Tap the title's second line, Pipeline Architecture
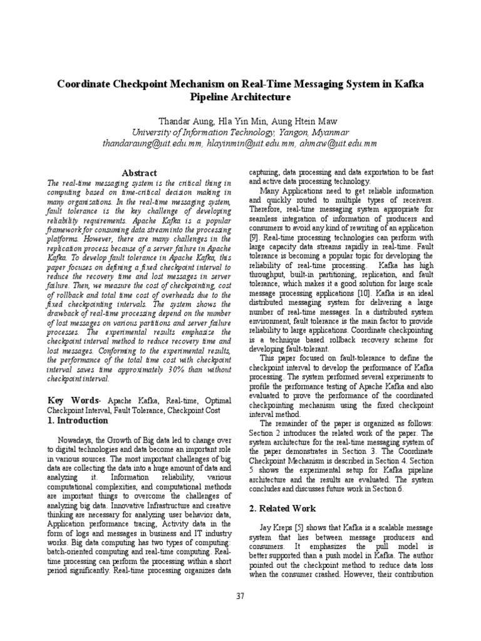pos(240,97)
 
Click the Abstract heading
pos(139,173)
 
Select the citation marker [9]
pos(254,238)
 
